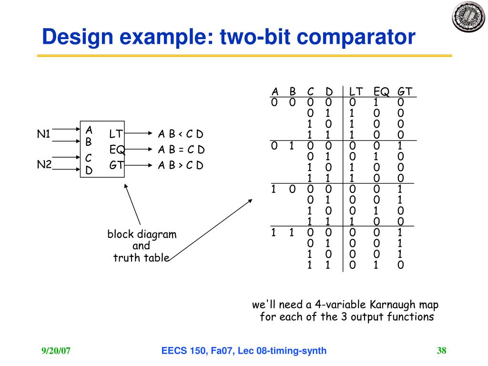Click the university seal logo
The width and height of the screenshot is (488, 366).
[x=468, y=17]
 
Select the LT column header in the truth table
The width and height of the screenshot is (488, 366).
[x=356, y=91]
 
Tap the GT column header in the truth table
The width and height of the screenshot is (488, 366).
[x=405, y=91]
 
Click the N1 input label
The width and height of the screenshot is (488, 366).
[x=44, y=134]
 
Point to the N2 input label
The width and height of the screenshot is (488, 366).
[x=44, y=164]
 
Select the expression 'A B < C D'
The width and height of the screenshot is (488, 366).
[x=181, y=134]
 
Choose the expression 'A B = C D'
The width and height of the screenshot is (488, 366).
[x=181, y=150]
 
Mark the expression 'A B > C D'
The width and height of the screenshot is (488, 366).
[x=181, y=165]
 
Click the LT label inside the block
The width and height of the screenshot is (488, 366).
[x=116, y=134]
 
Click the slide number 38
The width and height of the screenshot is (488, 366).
[x=441, y=351]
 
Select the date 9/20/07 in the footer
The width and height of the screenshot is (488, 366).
[x=56, y=351]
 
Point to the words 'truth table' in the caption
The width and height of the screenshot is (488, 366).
[x=141, y=258]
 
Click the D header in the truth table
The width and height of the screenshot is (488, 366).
[x=329, y=91]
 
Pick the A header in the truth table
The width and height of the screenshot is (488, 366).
[x=275, y=91]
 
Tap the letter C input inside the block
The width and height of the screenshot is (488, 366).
[x=89, y=157]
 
